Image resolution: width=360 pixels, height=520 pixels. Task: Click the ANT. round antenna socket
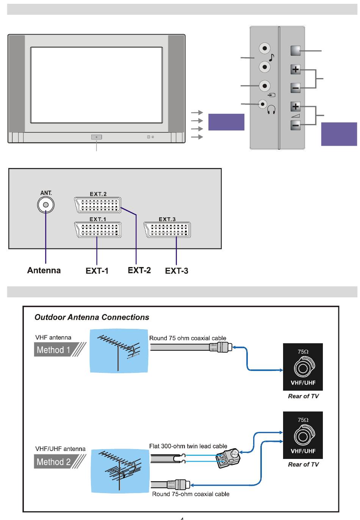[46, 205]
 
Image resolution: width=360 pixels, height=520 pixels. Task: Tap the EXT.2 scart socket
[98, 205]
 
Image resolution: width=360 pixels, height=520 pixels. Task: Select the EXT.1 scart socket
[98, 230]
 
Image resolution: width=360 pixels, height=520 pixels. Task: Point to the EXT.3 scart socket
[167, 230]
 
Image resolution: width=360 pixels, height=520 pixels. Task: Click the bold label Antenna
[44, 270]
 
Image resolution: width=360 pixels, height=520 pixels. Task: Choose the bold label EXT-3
[177, 271]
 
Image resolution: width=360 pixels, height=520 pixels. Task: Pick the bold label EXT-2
[139, 270]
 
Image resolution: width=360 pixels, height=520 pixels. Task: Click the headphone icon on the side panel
[271, 110]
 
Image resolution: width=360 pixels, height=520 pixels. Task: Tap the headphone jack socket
[262, 104]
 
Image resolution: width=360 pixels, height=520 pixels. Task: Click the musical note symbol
[271, 58]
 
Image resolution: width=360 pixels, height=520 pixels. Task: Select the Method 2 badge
[53, 462]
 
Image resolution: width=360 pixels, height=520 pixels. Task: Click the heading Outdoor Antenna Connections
[92, 317]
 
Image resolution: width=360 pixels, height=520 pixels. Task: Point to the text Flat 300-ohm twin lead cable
[188, 446]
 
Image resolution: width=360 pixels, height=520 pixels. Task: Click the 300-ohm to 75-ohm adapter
[228, 458]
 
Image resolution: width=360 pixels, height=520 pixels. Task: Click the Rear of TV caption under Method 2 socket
[303, 464]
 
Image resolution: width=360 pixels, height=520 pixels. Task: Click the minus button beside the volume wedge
[296, 125]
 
